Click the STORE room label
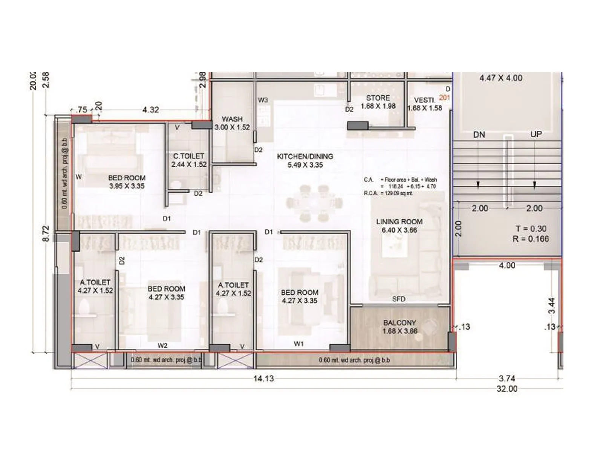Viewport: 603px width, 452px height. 378,98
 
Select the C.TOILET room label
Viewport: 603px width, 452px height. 189,156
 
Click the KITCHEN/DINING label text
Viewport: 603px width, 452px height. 305,156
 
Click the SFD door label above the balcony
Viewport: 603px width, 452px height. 399,299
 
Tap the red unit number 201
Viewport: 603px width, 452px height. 445,98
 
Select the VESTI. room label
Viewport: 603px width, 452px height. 424,100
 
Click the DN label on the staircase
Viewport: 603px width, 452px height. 479,135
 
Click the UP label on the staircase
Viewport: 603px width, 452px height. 536,134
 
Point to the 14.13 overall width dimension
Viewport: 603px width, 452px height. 263,379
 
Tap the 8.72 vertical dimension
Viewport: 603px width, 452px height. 46,234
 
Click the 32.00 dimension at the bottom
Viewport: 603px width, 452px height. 507,389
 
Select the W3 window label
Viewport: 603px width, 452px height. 263,100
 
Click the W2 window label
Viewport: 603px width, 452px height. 162,346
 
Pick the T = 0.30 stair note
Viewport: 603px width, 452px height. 531,229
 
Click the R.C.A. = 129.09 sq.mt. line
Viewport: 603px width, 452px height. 388,193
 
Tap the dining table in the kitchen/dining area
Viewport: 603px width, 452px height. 314,203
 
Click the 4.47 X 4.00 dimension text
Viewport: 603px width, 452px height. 501,78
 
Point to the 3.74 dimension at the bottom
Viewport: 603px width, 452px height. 507,379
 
